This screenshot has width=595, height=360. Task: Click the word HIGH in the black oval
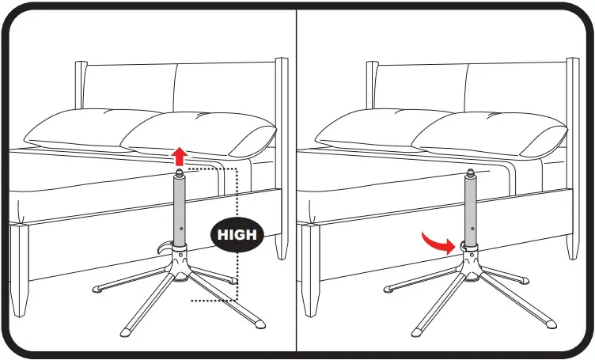(237, 234)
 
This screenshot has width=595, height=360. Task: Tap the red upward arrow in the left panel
(180, 156)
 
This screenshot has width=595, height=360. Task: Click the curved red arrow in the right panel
(437, 241)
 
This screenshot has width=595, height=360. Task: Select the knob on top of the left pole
(180, 172)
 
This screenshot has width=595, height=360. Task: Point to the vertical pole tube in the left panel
(180, 210)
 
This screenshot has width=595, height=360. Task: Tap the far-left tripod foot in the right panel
(391, 290)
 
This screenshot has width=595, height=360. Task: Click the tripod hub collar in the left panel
(180, 257)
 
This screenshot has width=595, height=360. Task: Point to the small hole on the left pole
(181, 228)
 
